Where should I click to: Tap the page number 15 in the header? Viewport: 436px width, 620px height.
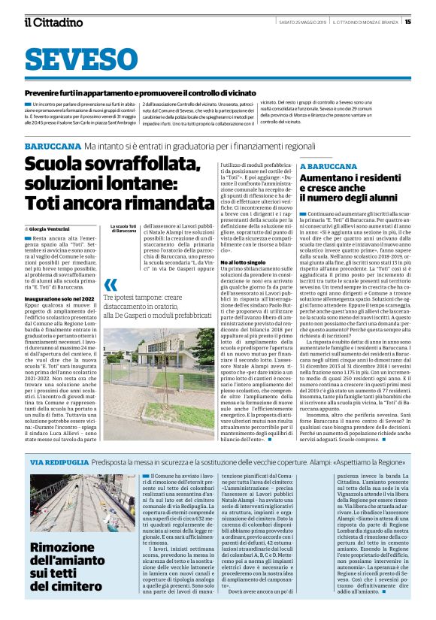(x=407, y=21)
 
